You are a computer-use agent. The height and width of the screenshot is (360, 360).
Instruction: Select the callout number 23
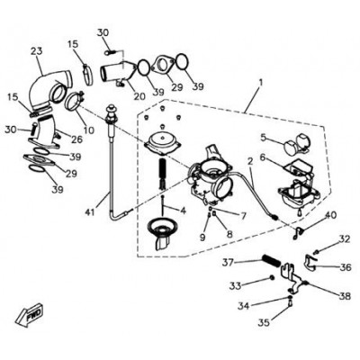point(37,51)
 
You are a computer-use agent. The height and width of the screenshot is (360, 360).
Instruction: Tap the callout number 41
point(90,212)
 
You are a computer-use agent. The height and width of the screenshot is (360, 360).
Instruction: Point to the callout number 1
point(261,82)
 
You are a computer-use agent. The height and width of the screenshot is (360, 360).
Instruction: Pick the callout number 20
point(139,96)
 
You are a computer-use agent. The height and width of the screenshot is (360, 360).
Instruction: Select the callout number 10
point(89,130)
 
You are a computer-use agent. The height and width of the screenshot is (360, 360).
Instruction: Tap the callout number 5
point(264,138)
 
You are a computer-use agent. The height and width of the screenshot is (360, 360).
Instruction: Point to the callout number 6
point(263,157)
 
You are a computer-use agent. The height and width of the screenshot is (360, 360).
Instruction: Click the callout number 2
point(250,161)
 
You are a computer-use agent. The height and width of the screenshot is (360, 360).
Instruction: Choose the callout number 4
point(183,211)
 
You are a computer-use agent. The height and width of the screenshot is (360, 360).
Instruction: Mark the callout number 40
point(331,215)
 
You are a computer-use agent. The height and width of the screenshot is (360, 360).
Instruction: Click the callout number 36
point(345,266)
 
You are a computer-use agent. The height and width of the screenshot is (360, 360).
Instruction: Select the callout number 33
point(235,286)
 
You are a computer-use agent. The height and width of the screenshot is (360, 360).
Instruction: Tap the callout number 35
point(264,322)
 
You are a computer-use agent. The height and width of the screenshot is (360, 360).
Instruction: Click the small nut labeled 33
point(272,278)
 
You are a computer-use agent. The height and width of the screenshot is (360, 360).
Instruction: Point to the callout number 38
point(344,296)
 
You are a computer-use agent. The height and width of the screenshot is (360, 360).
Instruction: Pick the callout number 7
point(242,215)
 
